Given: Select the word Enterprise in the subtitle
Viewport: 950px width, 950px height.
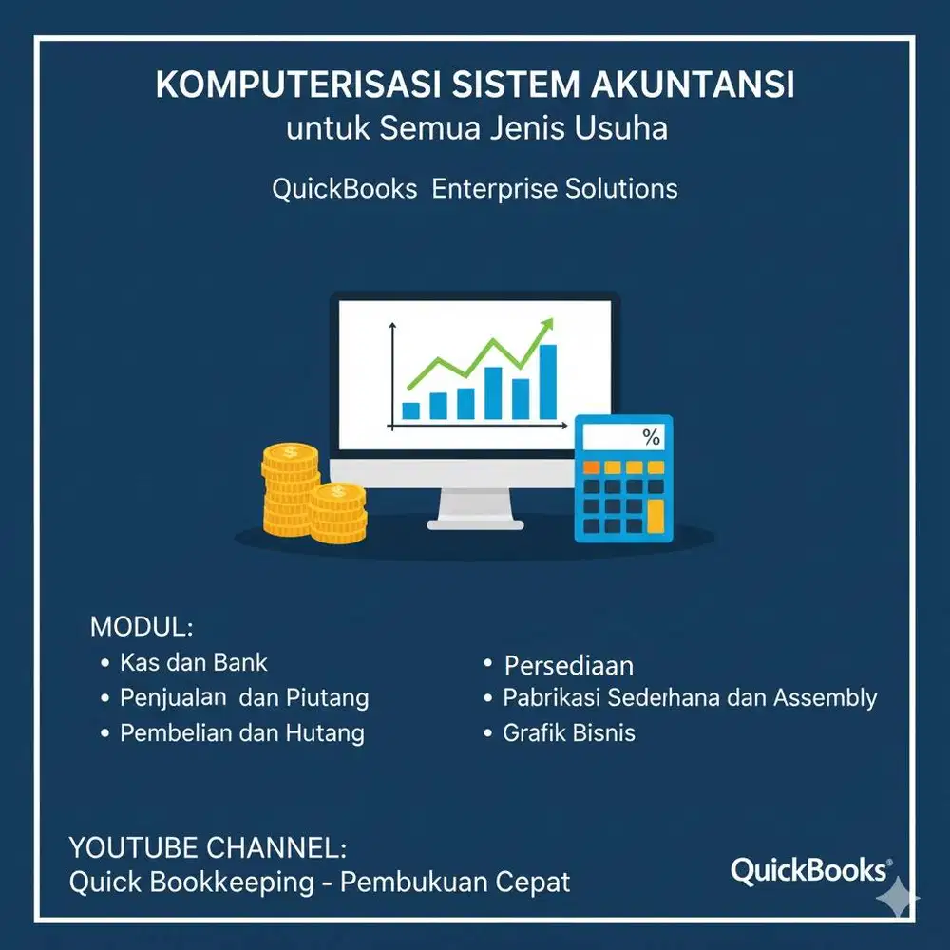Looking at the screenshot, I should point(493,188).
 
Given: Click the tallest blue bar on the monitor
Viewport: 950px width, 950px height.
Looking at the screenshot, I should point(547,381).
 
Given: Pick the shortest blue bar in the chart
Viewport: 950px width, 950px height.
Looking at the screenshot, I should point(410,410).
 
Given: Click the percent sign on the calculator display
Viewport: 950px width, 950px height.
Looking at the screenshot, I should point(651,438).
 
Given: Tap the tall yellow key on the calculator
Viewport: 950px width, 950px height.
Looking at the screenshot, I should point(655,514).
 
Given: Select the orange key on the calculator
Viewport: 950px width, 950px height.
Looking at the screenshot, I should point(591,468).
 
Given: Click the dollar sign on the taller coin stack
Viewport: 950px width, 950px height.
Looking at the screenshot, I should point(290,452).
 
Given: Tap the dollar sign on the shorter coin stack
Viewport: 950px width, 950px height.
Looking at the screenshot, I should point(337,492).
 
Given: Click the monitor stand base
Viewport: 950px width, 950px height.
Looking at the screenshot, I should point(475,523).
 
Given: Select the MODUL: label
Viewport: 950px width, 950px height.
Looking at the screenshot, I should point(142,627).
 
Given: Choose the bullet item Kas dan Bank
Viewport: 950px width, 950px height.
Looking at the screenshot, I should point(194,662).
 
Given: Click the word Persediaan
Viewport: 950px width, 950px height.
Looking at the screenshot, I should point(569,665).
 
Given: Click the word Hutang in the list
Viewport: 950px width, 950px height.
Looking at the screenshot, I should point(325,732).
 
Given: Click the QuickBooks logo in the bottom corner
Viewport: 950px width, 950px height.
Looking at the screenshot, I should point(810,870).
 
